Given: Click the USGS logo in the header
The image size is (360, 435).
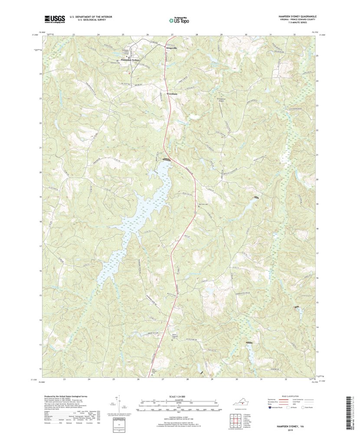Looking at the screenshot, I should click(54, 19).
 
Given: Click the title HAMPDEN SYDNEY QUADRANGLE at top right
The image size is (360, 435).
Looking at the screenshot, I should click(297, 16).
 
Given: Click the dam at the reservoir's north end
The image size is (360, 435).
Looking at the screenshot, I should click(166, 160).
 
